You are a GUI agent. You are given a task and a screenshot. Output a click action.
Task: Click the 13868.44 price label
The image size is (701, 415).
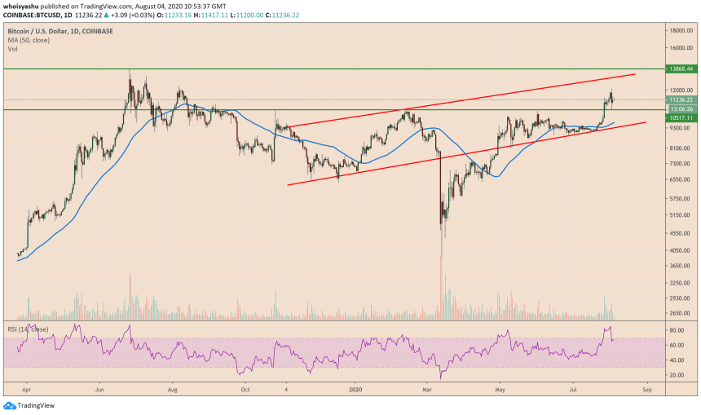[680, 69]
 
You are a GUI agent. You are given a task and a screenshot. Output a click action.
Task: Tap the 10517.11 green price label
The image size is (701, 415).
[680, 117]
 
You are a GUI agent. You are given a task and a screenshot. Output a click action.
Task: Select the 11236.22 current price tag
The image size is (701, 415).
[680, 99]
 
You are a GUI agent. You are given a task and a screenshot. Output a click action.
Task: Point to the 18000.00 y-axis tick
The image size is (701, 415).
[681, 30]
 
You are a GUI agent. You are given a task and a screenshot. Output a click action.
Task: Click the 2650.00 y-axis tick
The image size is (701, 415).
[681, 312]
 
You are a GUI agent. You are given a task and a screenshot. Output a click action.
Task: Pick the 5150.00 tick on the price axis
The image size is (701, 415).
[681, 215]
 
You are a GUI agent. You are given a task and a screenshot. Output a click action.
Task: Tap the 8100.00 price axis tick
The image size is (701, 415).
[681, 148]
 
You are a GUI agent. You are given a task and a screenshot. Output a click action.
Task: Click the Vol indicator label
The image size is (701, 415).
[13, 49]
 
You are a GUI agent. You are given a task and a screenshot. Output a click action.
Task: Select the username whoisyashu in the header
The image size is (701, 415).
[24, 6]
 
